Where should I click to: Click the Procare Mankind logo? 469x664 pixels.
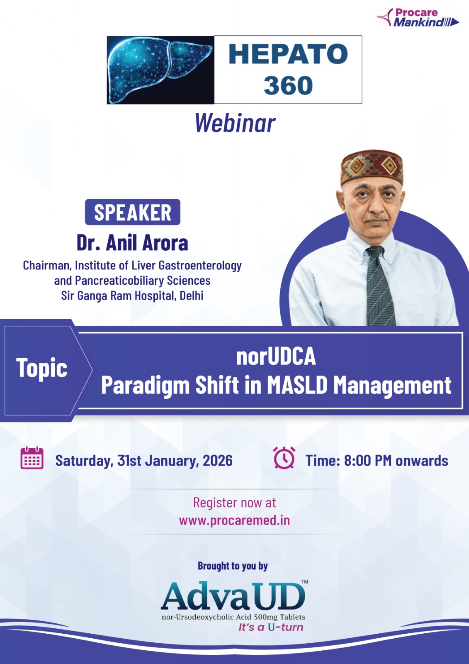418,18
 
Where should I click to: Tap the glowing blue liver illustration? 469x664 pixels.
159,70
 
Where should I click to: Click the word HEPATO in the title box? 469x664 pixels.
288,54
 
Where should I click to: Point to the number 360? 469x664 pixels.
288,85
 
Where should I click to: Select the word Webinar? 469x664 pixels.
235,123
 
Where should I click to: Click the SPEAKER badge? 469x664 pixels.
132,212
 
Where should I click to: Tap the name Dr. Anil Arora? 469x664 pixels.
132,243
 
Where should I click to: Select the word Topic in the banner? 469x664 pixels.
42,368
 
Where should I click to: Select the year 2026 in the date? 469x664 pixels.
217,460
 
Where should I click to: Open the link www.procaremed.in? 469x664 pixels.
234,520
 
